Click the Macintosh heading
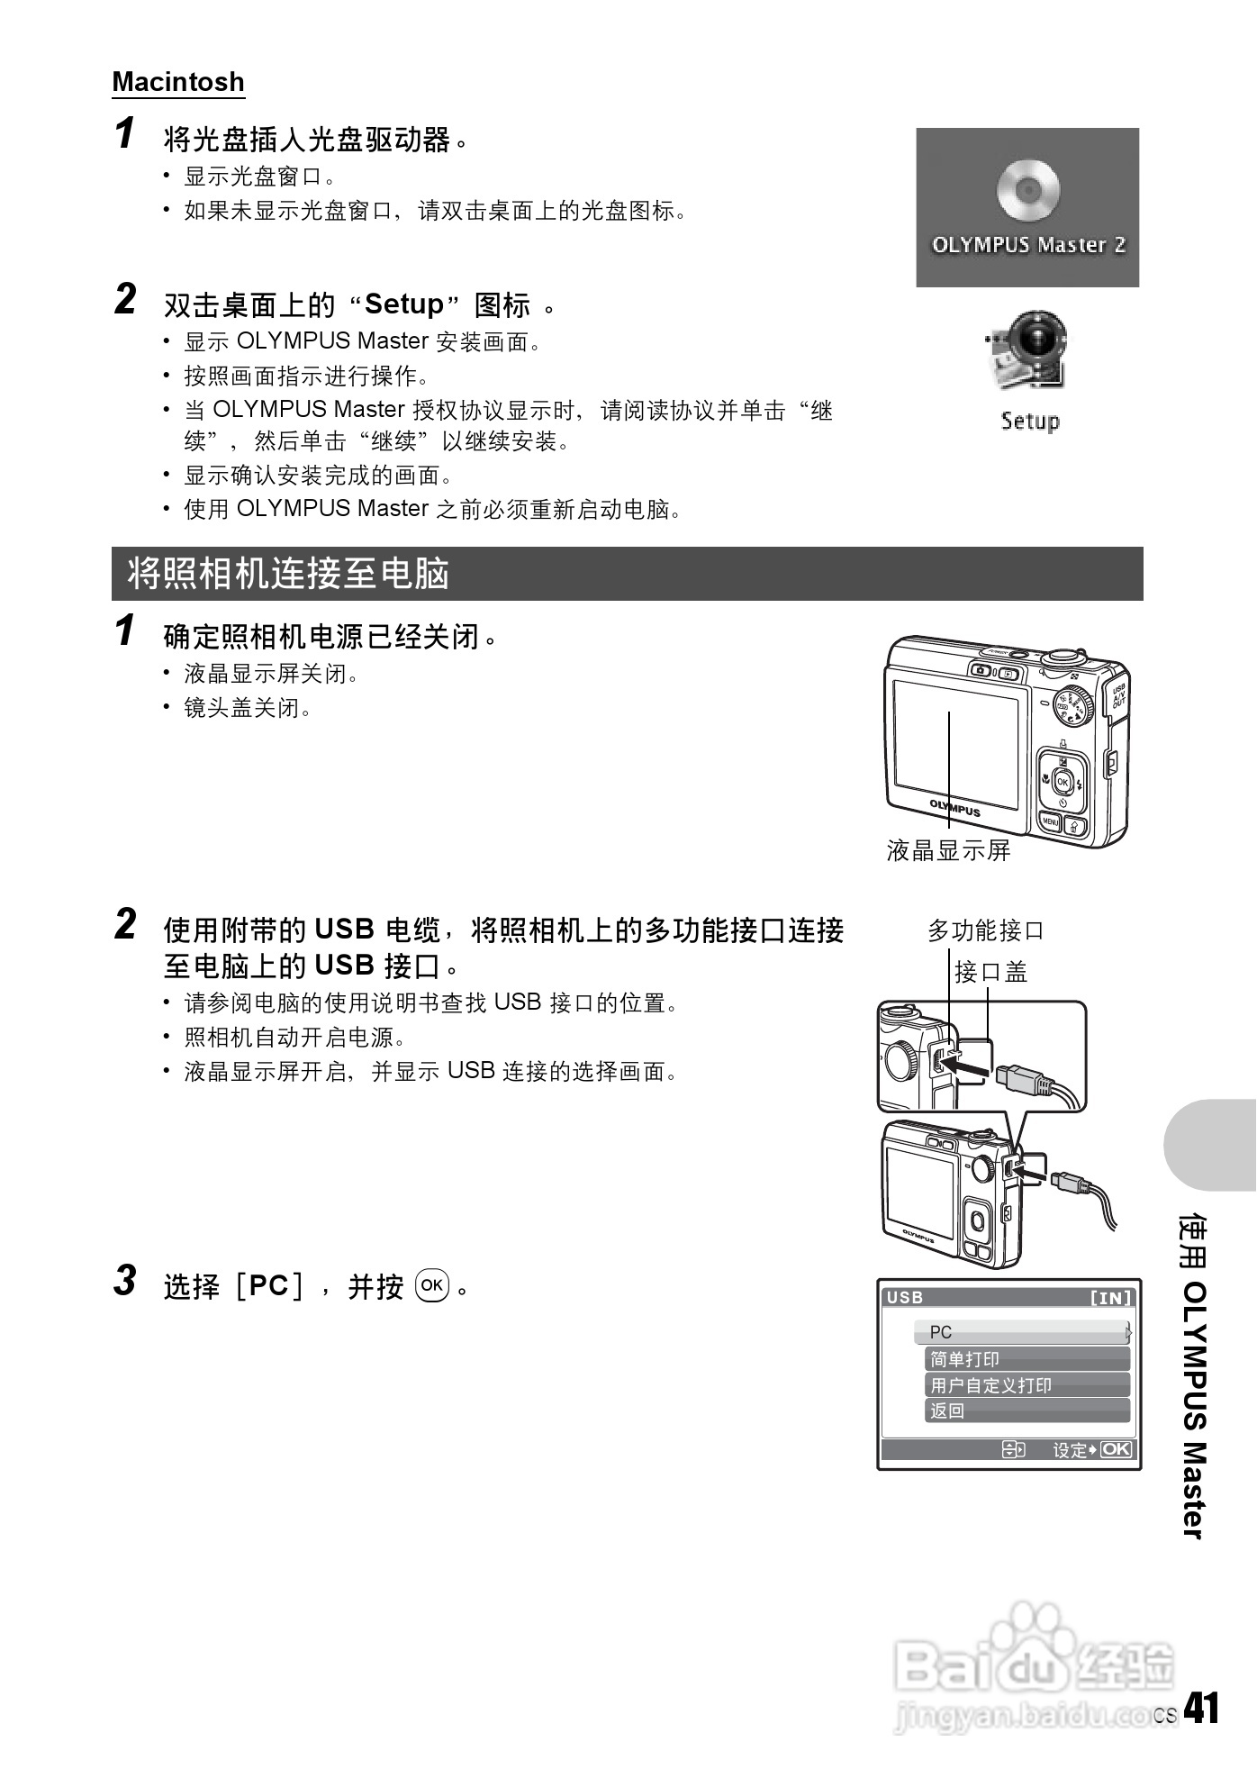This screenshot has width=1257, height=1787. point(178,82)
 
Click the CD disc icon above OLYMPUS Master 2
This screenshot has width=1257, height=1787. point(1027,189)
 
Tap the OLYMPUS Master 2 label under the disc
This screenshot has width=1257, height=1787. point(1028,245)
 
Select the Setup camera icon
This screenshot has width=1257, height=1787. point(1029,350)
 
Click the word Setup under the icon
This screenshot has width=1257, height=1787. point(1030,421)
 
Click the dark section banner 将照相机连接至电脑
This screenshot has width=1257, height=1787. point(627,574)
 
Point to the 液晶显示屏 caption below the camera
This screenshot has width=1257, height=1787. point(949,850)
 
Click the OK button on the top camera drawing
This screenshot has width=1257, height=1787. point(1063,782)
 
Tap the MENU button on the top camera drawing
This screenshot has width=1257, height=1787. point(1050,822)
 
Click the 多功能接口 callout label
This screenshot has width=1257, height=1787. point(986,930)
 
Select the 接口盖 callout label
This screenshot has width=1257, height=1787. point(991,973)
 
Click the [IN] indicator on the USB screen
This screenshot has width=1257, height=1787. point(1111,1298)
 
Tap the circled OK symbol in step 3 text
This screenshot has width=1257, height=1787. point(432,1285)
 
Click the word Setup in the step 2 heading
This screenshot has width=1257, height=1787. point(404,304)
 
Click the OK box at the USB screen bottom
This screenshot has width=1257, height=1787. point(1117,1449)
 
